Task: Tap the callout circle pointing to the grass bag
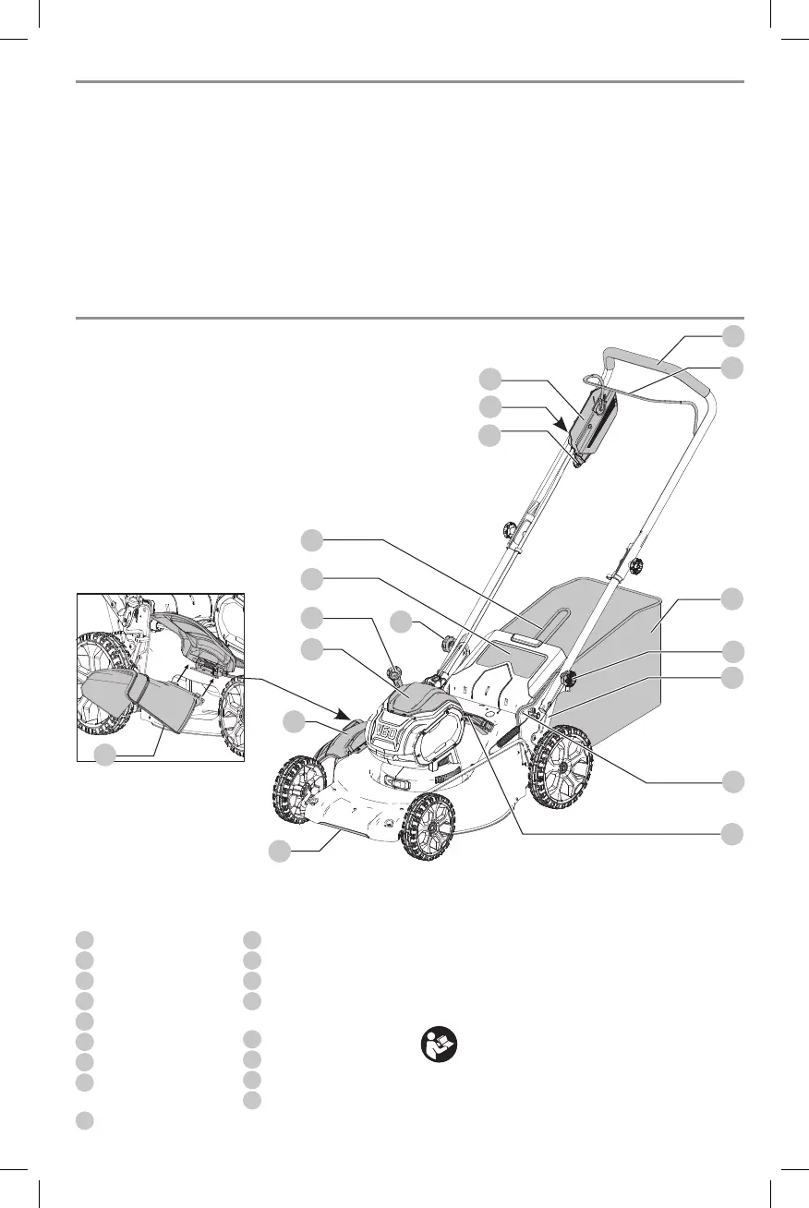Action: (x=732, y=598)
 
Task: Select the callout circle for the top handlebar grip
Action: (x=732, y=334)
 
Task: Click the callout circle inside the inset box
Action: (x=106, y=754)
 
